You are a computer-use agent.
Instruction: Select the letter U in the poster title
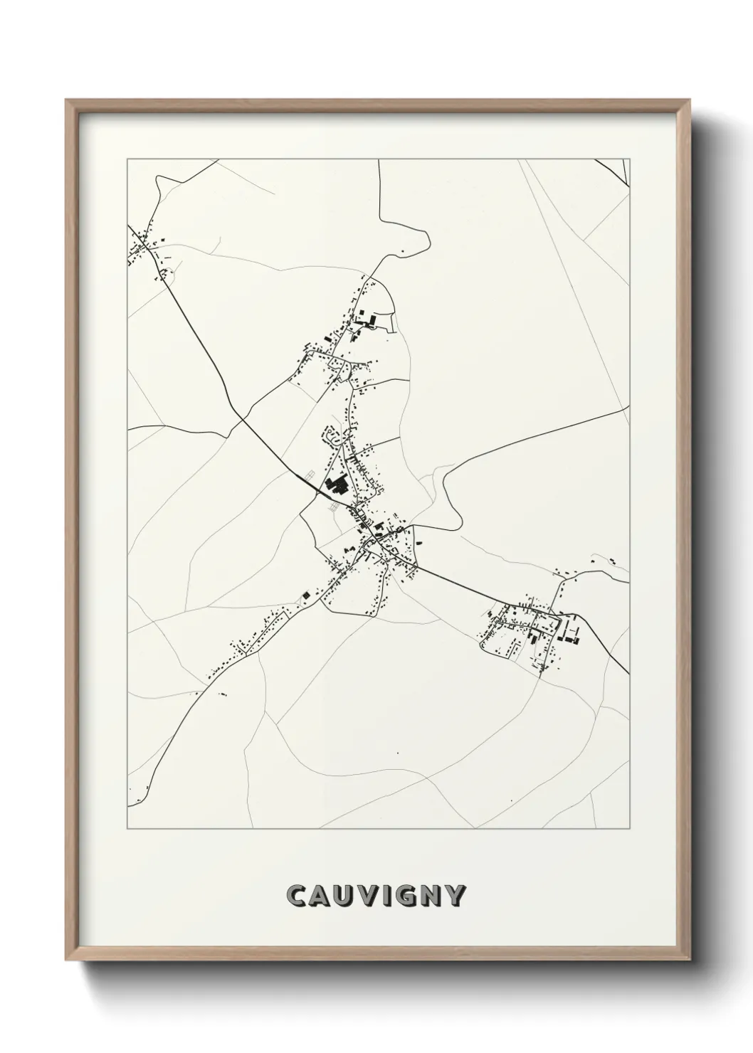[x=343, y=896]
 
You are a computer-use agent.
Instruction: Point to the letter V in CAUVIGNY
[x=367, y=896]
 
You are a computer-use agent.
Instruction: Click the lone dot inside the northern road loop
[x=403, y=250]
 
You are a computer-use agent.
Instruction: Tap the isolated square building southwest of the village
[x=306, y=594]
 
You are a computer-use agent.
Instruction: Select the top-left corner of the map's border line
[x=127, y=160]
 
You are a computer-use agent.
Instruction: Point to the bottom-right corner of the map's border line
[x=631, y=829]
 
